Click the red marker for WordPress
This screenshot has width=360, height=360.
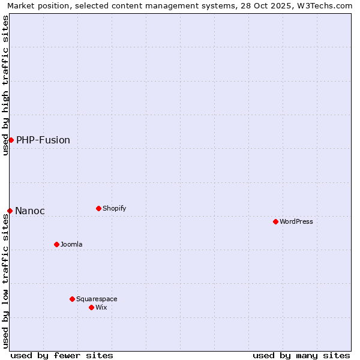tap(275, 221)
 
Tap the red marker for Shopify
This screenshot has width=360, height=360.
tap(98, 208)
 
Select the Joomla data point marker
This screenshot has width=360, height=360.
tap(56, 244)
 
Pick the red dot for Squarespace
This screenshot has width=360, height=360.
tap(72, 299)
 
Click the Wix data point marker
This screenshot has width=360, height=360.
tap(91, 307)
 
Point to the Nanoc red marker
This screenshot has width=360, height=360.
tap(10, 211)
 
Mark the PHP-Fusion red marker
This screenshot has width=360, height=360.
tap(11, 140)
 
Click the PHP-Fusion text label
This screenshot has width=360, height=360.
tap(43, 140)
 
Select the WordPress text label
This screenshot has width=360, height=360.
tap(296, 222)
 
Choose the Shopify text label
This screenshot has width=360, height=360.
tap(114, 209)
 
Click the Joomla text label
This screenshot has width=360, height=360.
tap(71, 245)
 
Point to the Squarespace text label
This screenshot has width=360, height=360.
tap(97, 299)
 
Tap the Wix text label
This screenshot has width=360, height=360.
tap(101, 308)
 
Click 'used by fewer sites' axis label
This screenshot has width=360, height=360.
tap(62, 355)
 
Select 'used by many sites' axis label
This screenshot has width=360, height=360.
tap(301, 355)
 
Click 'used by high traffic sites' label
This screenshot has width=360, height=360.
tap(5, 86)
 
